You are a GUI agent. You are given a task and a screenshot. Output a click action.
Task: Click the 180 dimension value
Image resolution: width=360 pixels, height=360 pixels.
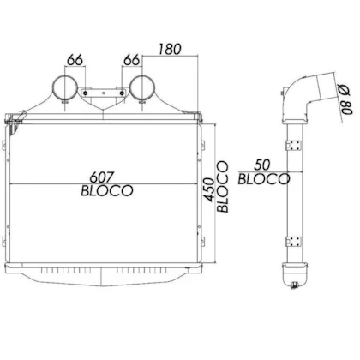170,49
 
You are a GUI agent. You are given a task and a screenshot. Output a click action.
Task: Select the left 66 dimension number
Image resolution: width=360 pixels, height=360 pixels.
75,60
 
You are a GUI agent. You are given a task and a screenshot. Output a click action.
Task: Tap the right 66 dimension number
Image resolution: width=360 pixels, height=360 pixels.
132,60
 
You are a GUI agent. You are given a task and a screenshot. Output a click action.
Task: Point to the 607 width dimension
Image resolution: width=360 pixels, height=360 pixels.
102,177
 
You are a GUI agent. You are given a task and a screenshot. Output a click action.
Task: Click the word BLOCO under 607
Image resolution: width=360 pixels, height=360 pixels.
107,190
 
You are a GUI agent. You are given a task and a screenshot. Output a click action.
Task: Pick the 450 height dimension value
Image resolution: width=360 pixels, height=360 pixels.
209,189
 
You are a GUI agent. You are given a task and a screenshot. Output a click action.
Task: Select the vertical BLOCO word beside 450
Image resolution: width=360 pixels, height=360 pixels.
223,187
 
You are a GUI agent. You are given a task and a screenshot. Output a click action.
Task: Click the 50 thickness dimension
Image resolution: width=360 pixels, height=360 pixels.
262,165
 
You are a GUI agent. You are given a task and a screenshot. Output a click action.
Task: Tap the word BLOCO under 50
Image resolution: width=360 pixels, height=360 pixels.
264,179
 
